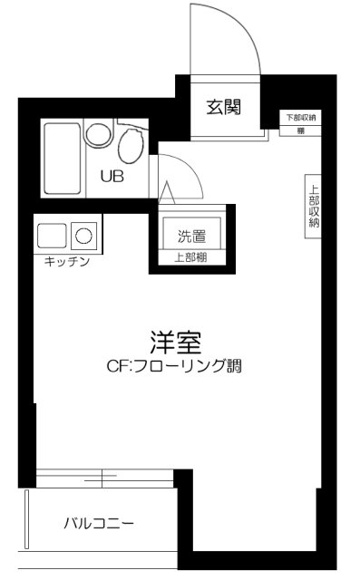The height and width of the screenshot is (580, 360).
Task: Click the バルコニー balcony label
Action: [99, 523]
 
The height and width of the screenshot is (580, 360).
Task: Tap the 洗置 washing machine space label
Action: [190, 237]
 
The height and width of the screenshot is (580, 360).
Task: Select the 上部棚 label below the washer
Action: [190, 256]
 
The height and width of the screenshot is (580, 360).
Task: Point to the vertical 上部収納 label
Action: [314, 207]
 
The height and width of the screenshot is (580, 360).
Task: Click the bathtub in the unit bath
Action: [61, 159]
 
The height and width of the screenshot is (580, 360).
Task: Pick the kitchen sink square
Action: [51, 236]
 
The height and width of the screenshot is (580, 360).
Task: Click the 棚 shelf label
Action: [300, 131]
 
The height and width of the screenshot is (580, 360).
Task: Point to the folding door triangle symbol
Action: [167, 193]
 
